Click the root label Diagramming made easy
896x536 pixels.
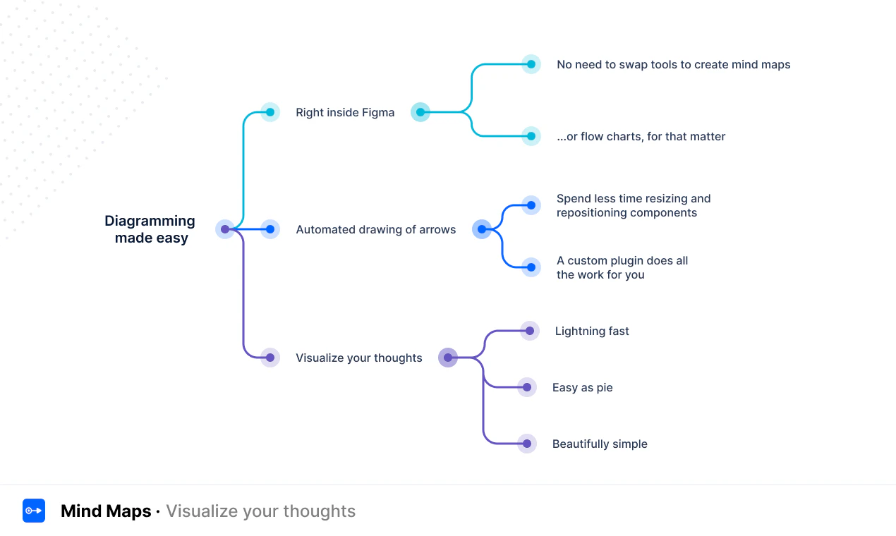(150, 229)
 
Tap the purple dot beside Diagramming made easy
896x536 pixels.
(225, 229)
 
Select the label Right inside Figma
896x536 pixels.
(345, 112)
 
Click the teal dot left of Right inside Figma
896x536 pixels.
(270, 112)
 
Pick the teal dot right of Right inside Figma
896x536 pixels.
(420, 112)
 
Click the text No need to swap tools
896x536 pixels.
(673, 64)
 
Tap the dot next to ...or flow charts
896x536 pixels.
(531, 136)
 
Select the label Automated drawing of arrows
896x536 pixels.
(375, 229)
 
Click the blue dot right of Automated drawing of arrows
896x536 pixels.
(482, 229)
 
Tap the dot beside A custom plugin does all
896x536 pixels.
(531, 267)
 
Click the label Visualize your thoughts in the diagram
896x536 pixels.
(358, 358)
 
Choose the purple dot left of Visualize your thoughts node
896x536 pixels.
(270, 358)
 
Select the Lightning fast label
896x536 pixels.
(592, 331)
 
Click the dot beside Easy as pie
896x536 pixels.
(527, 387)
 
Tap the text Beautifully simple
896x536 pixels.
(600, 444)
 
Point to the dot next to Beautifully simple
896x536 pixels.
(527, 444)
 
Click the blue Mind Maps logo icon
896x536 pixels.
(34, 511)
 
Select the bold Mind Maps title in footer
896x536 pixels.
(106, 511)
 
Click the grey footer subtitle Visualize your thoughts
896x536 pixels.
(260, 511)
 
